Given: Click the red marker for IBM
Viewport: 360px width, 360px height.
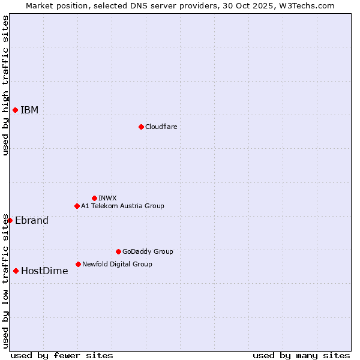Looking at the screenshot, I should (15, 110).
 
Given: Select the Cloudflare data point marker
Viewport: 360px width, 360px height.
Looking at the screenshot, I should (141, 127).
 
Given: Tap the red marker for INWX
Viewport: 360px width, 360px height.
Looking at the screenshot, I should (94, 198).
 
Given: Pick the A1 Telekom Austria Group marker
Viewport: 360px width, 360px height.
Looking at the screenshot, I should (77, 206).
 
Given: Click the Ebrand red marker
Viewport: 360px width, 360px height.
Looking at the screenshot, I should (10, 220).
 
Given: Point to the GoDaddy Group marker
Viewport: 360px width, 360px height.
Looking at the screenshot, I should (118, 251).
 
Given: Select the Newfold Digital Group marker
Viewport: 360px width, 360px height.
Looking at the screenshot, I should (78, 264).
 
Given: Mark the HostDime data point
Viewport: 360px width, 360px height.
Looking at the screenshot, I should (16, 271).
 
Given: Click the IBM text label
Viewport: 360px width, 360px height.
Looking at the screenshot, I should (29, 110).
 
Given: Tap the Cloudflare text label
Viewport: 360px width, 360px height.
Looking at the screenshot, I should (161, 127).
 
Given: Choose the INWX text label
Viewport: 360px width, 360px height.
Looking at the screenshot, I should (107, 198).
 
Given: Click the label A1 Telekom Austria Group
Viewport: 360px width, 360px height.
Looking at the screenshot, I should (122, 206).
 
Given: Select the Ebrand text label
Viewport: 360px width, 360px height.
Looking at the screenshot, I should (32, 220).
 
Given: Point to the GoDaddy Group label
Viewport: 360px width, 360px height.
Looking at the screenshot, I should (148, 251).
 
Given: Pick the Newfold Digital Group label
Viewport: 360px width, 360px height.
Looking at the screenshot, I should (117, 264).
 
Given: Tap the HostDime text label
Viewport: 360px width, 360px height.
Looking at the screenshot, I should (44, 271).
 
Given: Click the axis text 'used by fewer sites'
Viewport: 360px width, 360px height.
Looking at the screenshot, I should (62, 355).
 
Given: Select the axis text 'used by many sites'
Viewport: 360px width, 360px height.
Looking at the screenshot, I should (301, 355).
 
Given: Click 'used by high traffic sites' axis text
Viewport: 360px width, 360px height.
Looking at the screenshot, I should (5, 85).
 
